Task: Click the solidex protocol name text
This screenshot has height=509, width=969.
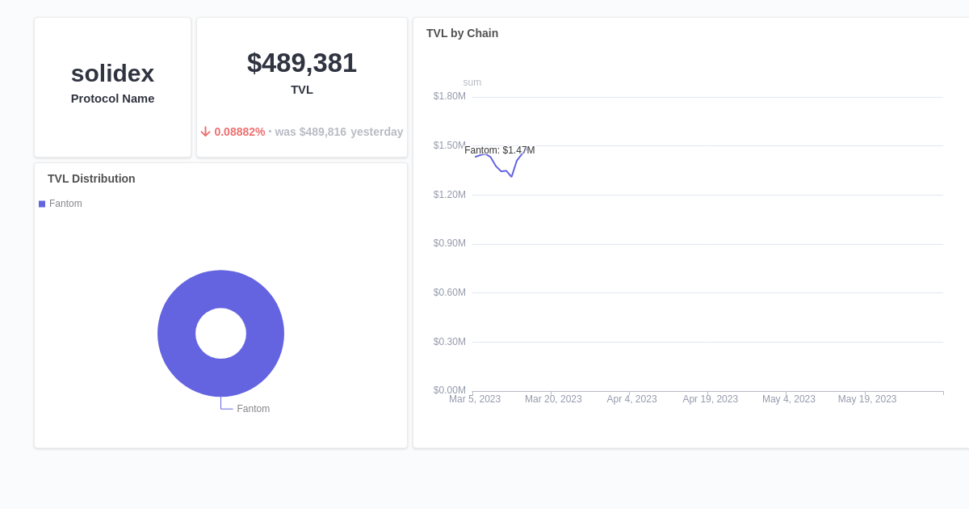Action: pyautogui.click(x=112, y=74)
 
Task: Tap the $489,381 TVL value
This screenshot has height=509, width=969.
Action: pyautogui.click(x=301, y=63)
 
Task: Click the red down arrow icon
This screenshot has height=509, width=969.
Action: pyautogui.click(x=205, y=132)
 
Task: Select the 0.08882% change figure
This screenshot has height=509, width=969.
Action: pyautogui.click(x=240, y=132)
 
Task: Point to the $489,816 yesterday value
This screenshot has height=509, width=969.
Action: pyautogui.click(x=323, y=132)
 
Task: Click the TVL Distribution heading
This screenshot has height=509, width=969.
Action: pyautogui.click(x=91, y=179)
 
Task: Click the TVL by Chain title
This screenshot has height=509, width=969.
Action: pyautogui.click(x=462, y=33)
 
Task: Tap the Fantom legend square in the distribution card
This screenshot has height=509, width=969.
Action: pyautogui.click(x=42, y=204)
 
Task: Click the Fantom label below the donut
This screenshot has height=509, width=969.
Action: pyautogui.click(x=253, y=409)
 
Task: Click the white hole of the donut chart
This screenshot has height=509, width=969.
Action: pyautogui.click(x=220, y=333)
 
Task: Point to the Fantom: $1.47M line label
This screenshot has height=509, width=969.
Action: pyautogui.click(x=499, y=150)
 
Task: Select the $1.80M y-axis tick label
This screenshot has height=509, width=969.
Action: pyautogui.click(x=449, y=96)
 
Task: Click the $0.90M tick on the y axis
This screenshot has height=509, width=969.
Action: pyautogui.click(x=449, y=243)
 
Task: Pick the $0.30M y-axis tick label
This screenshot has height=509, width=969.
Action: pyautogui.click(x=449, y=342)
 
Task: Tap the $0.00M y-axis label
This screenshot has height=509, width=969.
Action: pyautogui.click(x=449, y=390)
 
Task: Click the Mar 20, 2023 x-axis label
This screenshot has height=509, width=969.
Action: pyautogui.click(x=553, y=399)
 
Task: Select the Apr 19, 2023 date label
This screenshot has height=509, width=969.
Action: pyautogui.click(x=710, y=399)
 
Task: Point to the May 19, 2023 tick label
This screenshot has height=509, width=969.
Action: pyautogui.click(x=866, y=399)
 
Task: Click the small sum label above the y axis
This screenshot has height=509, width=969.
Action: pyautogui.click(x=472, y=82)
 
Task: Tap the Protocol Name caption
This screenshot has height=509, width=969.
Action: pyautogui.click(x=112, y=99)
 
